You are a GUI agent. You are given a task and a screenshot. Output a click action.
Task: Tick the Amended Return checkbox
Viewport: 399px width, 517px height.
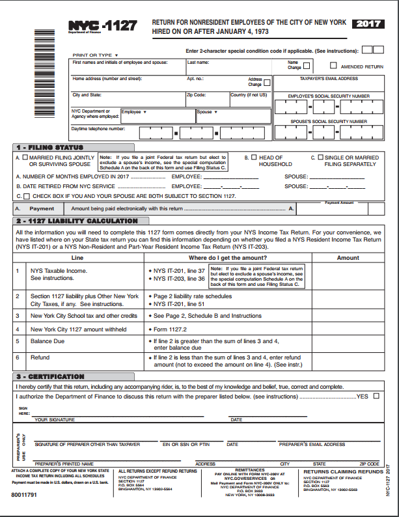[x=334, y=66]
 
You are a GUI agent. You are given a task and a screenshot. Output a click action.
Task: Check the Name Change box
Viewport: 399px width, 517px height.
[x=307, y=65]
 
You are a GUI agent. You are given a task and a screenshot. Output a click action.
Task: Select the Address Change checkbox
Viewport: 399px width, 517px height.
[x=267, y=82]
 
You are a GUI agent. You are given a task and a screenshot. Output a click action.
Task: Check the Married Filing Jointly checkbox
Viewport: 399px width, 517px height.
[x=25, y=158]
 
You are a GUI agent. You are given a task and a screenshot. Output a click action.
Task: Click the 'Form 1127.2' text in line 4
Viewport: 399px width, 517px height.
[x=171, y=329]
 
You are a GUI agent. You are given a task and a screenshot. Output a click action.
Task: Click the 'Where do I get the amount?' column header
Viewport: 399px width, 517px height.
[x=225, y=258]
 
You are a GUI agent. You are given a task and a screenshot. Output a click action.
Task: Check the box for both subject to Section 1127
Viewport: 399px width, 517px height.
[x=26, y=196]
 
